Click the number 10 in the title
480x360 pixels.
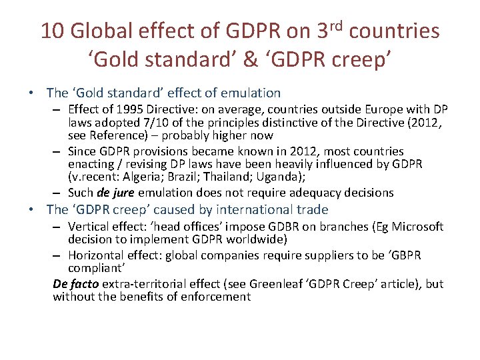(x=52, y=31)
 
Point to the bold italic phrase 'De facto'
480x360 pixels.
(x=75, y=284)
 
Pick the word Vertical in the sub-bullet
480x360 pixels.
(x=89, y=227)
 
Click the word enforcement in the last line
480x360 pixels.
(x=216, y=297)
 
